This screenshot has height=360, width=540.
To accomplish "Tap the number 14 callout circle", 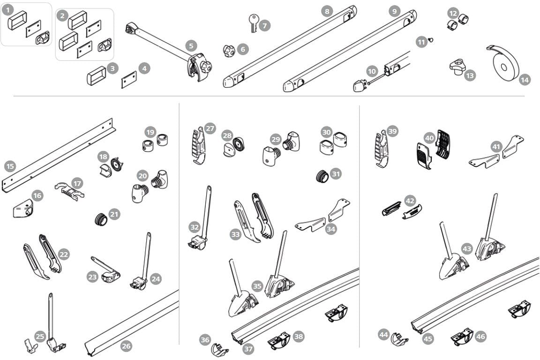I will point(525,80).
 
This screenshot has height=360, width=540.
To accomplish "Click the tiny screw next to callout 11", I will point(431,40).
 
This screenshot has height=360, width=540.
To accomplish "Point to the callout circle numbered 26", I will point(126,346).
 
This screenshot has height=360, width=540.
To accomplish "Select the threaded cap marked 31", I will point(322,177).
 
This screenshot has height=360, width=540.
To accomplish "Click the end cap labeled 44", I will point(398,339).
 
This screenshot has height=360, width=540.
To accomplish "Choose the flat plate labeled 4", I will point(129,79).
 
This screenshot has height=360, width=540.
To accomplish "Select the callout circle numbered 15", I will point(10,166).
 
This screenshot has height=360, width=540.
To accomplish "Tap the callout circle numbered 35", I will point(257,285).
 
